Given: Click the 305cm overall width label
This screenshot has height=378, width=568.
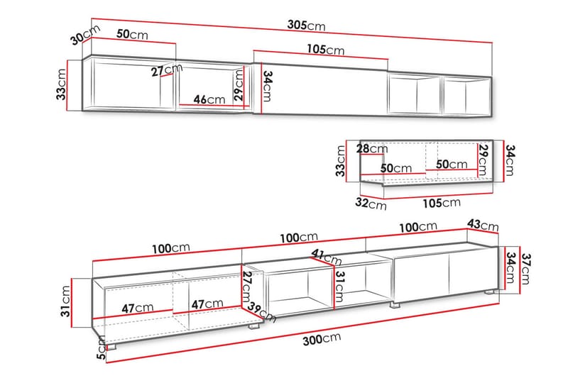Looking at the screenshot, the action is point(307,26).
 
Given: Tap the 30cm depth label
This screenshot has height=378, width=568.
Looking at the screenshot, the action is point(84,35).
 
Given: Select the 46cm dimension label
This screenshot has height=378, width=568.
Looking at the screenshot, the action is point(209,99).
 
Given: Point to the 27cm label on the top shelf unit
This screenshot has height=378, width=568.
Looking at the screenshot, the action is point(167,70).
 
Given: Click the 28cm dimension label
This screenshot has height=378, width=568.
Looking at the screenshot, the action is point(371,148).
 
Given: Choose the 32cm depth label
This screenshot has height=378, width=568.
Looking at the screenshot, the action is point(371,204).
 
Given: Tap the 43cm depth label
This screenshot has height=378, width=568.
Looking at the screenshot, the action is point(483,225).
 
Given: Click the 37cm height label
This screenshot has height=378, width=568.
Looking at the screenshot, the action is point(525,269).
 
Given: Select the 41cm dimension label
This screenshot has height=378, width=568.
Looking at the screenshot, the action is point(327,257).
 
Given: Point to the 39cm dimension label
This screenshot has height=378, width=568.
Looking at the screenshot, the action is point(261,312).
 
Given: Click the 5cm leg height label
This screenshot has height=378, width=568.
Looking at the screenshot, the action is point(102,348).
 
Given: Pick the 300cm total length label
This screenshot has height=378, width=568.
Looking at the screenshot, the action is point(322,339).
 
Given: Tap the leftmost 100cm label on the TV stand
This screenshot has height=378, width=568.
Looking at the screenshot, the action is point(170,248).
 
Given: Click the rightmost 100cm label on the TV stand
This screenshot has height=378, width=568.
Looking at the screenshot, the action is point(418,228).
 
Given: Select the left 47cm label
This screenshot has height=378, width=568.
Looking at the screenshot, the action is point(137,308).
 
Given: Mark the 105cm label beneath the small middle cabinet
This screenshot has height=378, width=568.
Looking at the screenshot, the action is point(442,203).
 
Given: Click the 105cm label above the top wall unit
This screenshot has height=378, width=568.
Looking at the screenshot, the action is point(326,49).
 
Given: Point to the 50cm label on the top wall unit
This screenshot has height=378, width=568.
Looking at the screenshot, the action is point(132,34).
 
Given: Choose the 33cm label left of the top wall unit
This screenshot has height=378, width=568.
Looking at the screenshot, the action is point(61,84).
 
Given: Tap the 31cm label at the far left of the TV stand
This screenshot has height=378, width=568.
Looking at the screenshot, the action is point(65,301).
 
